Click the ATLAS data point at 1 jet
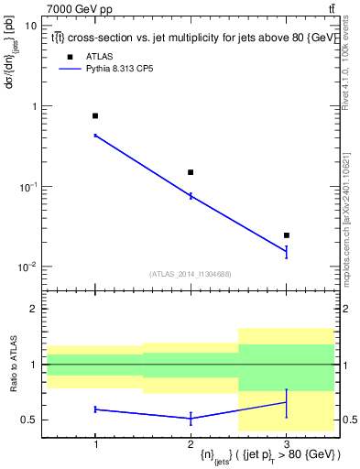[95, 116]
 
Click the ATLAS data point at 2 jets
[191, 172]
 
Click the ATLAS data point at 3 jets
[286, 235]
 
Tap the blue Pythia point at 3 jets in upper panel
[286, 251]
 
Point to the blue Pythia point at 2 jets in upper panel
[191, 196]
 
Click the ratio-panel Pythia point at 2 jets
[191, 419]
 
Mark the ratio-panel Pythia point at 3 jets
[286, 402]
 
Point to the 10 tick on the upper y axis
[31, 26]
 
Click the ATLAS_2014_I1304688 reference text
[191, 274]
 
